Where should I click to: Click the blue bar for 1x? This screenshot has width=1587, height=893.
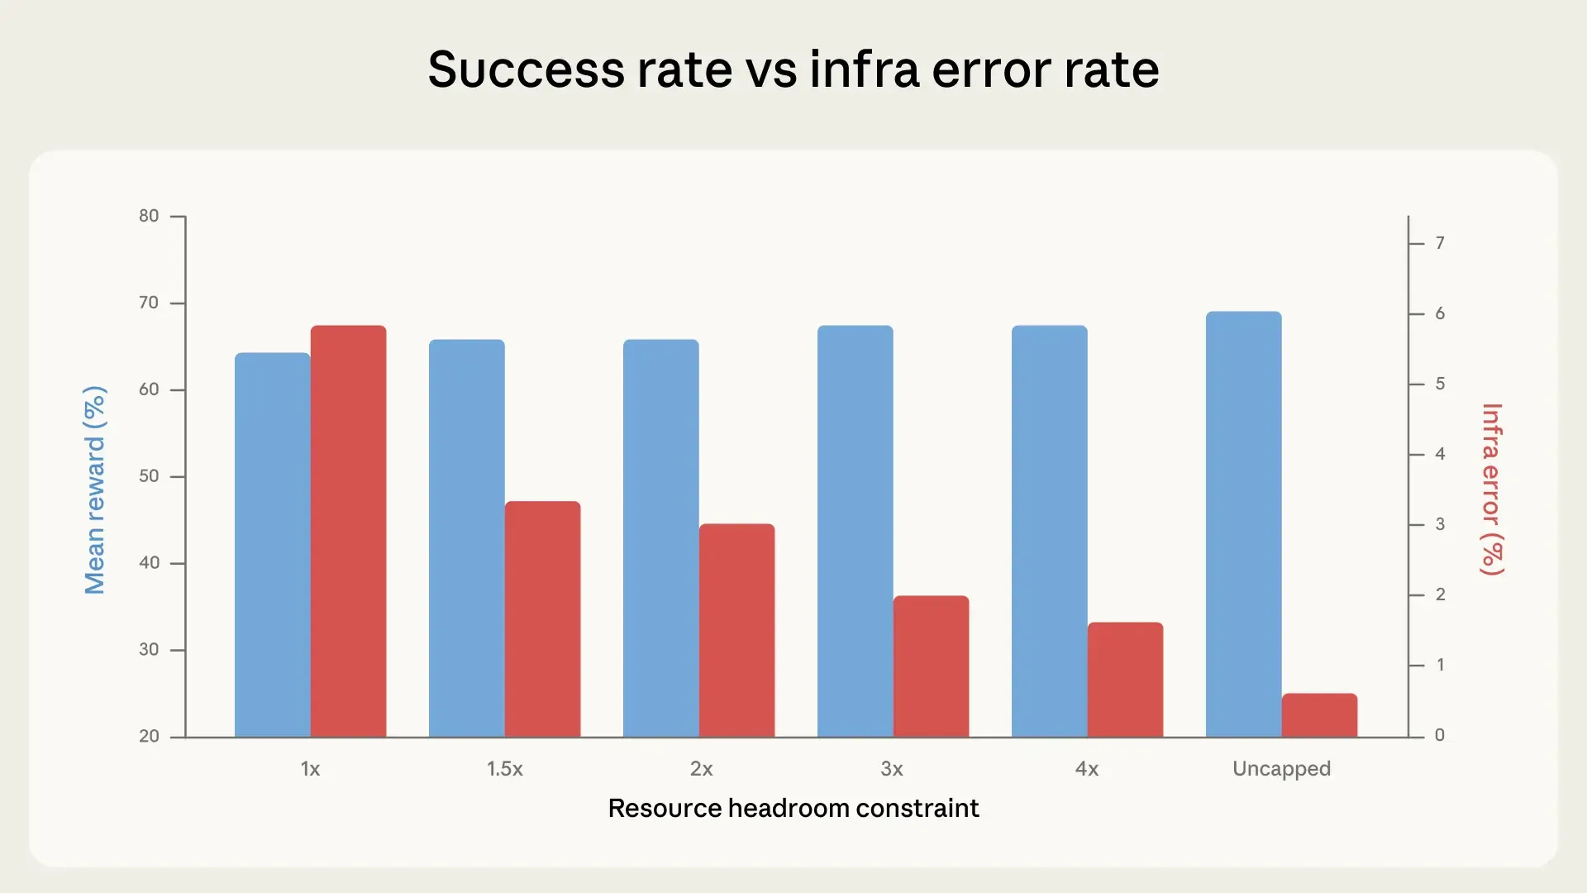coord(272,546)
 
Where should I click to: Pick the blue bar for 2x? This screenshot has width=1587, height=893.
coord(660,537)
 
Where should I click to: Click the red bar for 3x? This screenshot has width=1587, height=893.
coord(931,666)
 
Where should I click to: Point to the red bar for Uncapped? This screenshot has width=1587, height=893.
coord(1319,715)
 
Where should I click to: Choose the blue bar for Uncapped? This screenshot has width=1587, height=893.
coord(1243,524)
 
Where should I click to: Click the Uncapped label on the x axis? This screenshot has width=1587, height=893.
coord(1281,769)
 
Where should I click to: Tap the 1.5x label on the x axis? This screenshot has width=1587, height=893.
coord(504,769)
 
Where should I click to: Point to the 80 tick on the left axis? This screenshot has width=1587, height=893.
coord(149,216)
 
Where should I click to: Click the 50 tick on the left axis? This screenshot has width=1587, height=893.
coord(149,476)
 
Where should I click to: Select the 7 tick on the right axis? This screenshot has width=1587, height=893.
coord(1440,243)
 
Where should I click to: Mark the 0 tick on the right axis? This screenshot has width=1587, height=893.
coord(1440,735)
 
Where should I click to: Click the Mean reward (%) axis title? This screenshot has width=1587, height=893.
coord(95,489)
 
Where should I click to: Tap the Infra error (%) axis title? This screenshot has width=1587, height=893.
coord(1492,489)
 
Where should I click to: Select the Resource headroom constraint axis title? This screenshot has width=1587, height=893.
coord(793,808)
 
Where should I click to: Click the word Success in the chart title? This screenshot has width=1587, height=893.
coord(526,69)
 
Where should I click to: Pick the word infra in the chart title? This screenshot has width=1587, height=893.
coord(864,69)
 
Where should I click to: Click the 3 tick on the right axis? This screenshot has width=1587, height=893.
coord(1440,524)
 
